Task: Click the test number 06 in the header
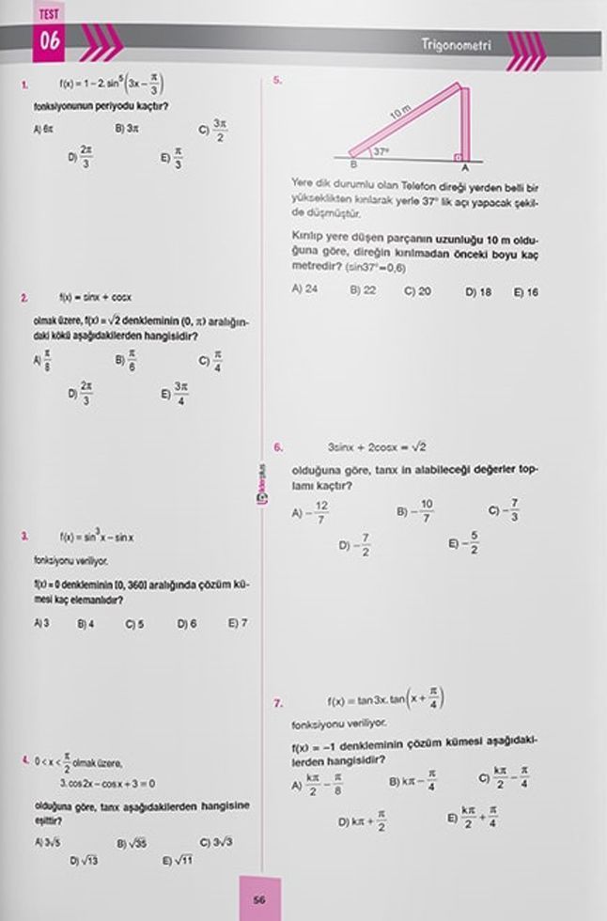point(50,41)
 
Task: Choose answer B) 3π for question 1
point(127,129)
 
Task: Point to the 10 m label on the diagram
point(399,114)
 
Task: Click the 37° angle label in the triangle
point(381,150)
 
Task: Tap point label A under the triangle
point(465,166)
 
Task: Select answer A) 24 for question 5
point(304,290)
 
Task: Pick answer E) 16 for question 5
point(526,291)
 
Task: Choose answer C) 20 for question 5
point(417,291)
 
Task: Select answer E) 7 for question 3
point(238,623)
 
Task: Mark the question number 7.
point(278,701)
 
